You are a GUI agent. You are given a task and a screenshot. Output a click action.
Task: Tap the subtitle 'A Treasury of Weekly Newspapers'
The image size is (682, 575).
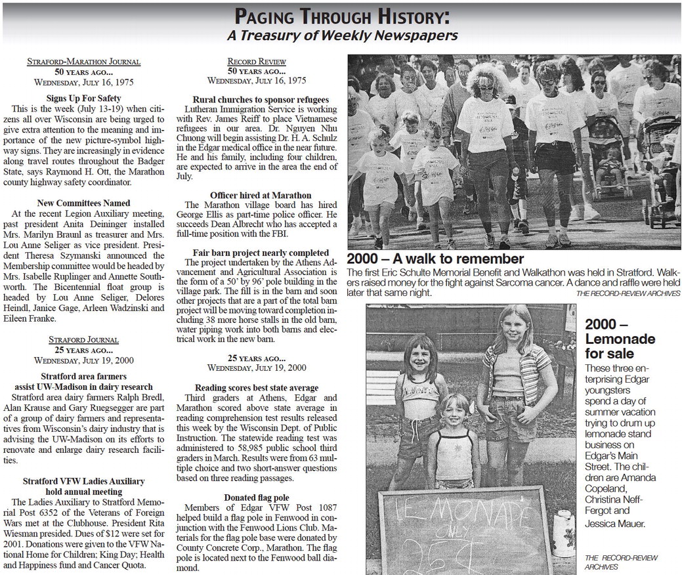tap(341, 35)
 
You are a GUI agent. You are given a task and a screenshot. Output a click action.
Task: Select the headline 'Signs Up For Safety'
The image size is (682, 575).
tap(83, 98)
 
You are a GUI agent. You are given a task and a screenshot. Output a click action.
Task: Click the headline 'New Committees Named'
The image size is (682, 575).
tap(83, 203)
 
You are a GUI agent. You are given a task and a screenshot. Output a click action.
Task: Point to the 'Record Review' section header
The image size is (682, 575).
tap(257, 62)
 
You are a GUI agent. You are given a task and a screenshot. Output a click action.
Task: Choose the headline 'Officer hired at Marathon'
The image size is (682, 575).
tap(261, 196)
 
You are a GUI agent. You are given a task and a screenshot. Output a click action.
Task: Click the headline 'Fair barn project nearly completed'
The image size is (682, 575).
tap(261, 253)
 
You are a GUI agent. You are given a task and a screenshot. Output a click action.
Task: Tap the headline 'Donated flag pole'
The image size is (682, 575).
tap(256, 498)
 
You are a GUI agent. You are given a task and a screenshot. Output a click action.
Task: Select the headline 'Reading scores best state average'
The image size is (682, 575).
tap(256, 388)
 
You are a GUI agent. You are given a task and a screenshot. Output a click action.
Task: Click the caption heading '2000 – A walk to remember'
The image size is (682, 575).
tap(435, 259)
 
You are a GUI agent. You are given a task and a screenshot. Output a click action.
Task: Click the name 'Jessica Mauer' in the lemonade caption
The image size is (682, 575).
tap(615, 524)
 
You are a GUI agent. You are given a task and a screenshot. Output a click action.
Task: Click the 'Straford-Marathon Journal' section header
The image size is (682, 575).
tap(83, 62)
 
